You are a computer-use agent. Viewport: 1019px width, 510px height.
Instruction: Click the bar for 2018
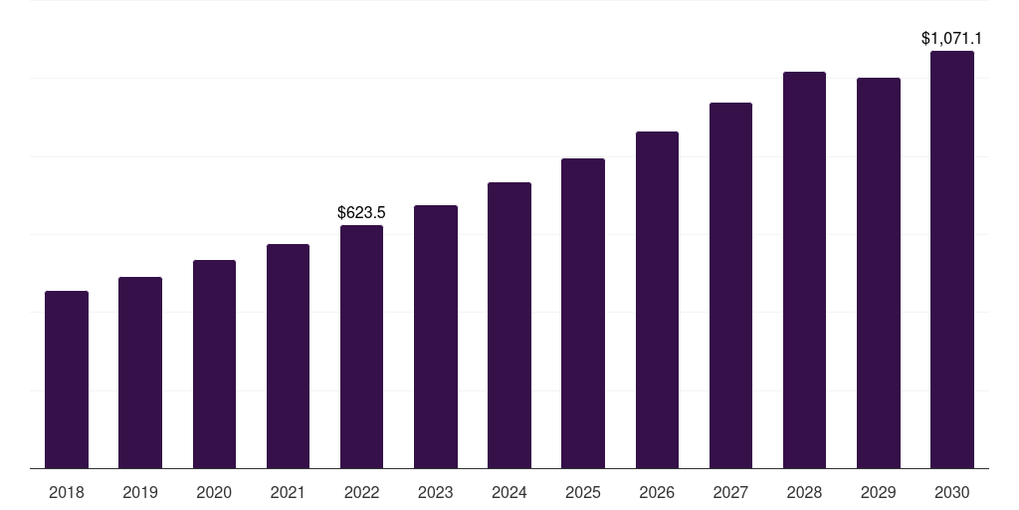(67, 380)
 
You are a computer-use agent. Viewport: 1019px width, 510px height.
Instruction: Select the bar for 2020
(214, 364)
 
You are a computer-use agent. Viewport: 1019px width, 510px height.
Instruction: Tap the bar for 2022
(361, 347)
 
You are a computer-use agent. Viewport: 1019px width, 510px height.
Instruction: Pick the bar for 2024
(509, 325)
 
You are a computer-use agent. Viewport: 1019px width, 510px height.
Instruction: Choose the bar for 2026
(657, 300)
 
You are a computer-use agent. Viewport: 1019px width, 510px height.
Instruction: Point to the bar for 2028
(804, 270)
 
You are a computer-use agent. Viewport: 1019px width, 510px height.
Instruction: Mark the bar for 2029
(878, 273)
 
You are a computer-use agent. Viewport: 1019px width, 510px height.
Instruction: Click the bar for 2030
(952, 259)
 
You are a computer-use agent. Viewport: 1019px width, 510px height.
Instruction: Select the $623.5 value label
(361, 212)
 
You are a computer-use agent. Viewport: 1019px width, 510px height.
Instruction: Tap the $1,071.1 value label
(951, 39)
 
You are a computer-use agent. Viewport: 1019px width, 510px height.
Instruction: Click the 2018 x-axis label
(67, 492)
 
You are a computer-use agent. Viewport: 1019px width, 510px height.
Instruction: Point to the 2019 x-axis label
(140, 492)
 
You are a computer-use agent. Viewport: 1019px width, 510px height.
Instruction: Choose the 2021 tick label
(288, 492)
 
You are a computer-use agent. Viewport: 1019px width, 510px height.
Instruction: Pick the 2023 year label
(435, 492)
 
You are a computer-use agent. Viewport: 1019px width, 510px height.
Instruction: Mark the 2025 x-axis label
(583, 492)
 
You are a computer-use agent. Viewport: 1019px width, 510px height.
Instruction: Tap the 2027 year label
(730, 492)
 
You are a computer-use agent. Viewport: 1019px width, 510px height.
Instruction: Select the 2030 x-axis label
(952, 492)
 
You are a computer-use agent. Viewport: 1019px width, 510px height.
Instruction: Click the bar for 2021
(288, 356)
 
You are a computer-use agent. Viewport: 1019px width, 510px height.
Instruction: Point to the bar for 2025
(583, 313)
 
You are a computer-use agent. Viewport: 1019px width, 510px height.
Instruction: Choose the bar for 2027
(730, 285)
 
